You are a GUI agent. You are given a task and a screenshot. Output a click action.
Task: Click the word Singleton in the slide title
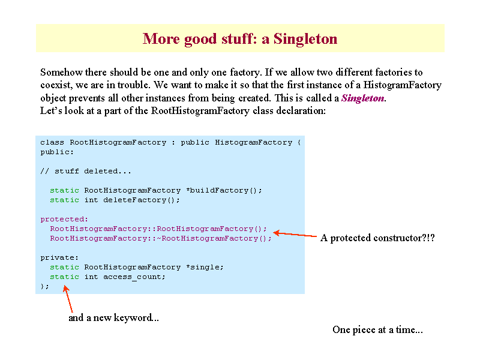305,39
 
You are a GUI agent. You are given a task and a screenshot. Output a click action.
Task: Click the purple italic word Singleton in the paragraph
363,98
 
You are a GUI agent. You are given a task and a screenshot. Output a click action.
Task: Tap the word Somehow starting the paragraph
61,72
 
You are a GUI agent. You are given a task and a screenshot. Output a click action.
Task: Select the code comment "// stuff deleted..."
86,171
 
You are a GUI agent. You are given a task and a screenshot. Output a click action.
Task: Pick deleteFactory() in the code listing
142,200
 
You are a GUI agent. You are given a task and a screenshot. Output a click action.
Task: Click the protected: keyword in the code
64,220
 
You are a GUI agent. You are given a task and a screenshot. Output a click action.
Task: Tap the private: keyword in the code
59,258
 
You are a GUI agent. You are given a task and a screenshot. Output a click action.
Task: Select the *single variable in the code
205,267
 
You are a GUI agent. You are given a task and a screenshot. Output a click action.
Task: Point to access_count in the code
134,277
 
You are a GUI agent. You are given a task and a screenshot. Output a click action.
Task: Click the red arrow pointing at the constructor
295,235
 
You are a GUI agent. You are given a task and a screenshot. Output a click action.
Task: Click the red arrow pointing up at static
68,299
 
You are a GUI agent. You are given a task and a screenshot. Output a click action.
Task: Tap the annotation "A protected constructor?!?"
377,238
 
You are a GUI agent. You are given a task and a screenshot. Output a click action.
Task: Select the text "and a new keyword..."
113,318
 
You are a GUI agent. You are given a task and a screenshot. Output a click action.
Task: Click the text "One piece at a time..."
378,329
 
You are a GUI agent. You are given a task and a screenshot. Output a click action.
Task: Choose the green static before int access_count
65,277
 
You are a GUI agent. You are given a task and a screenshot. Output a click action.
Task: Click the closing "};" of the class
44,287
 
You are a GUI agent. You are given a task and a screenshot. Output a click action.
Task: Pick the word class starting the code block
52,142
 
